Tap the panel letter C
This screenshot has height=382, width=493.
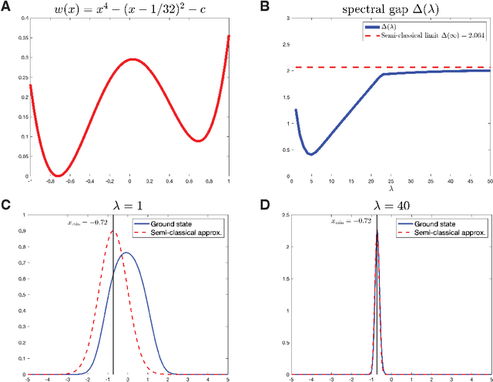click(8, 206)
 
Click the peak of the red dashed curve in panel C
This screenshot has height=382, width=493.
click(113, 231)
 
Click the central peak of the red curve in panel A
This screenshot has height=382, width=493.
click(132, 59)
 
